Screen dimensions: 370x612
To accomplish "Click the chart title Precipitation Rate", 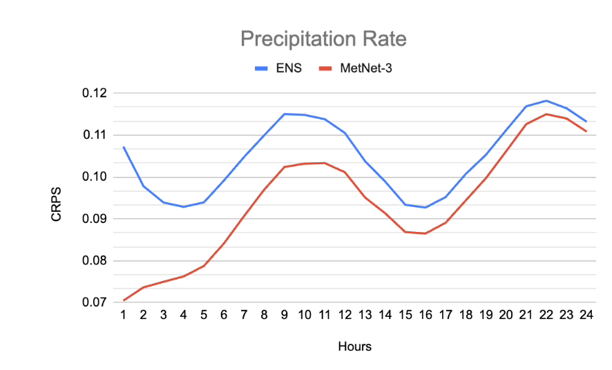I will pos(323,39).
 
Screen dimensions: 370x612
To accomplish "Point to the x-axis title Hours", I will pos(354,347).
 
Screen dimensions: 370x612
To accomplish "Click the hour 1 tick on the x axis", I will pos(124,314).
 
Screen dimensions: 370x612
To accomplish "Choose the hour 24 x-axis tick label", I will pos(586,314).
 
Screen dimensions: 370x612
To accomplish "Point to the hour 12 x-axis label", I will pos(345,314).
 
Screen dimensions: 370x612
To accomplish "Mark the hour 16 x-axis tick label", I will pos(425,314).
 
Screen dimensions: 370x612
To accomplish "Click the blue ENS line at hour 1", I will pos(124,147).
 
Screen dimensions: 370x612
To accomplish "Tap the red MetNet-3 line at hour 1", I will pos(124,300).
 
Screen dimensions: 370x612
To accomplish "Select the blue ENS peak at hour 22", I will pos(546,101).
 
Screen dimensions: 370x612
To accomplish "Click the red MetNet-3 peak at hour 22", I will pos(546,114).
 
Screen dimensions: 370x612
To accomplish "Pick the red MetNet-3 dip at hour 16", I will pos(425,233).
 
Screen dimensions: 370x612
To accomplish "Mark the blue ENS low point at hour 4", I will pos(184,206).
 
